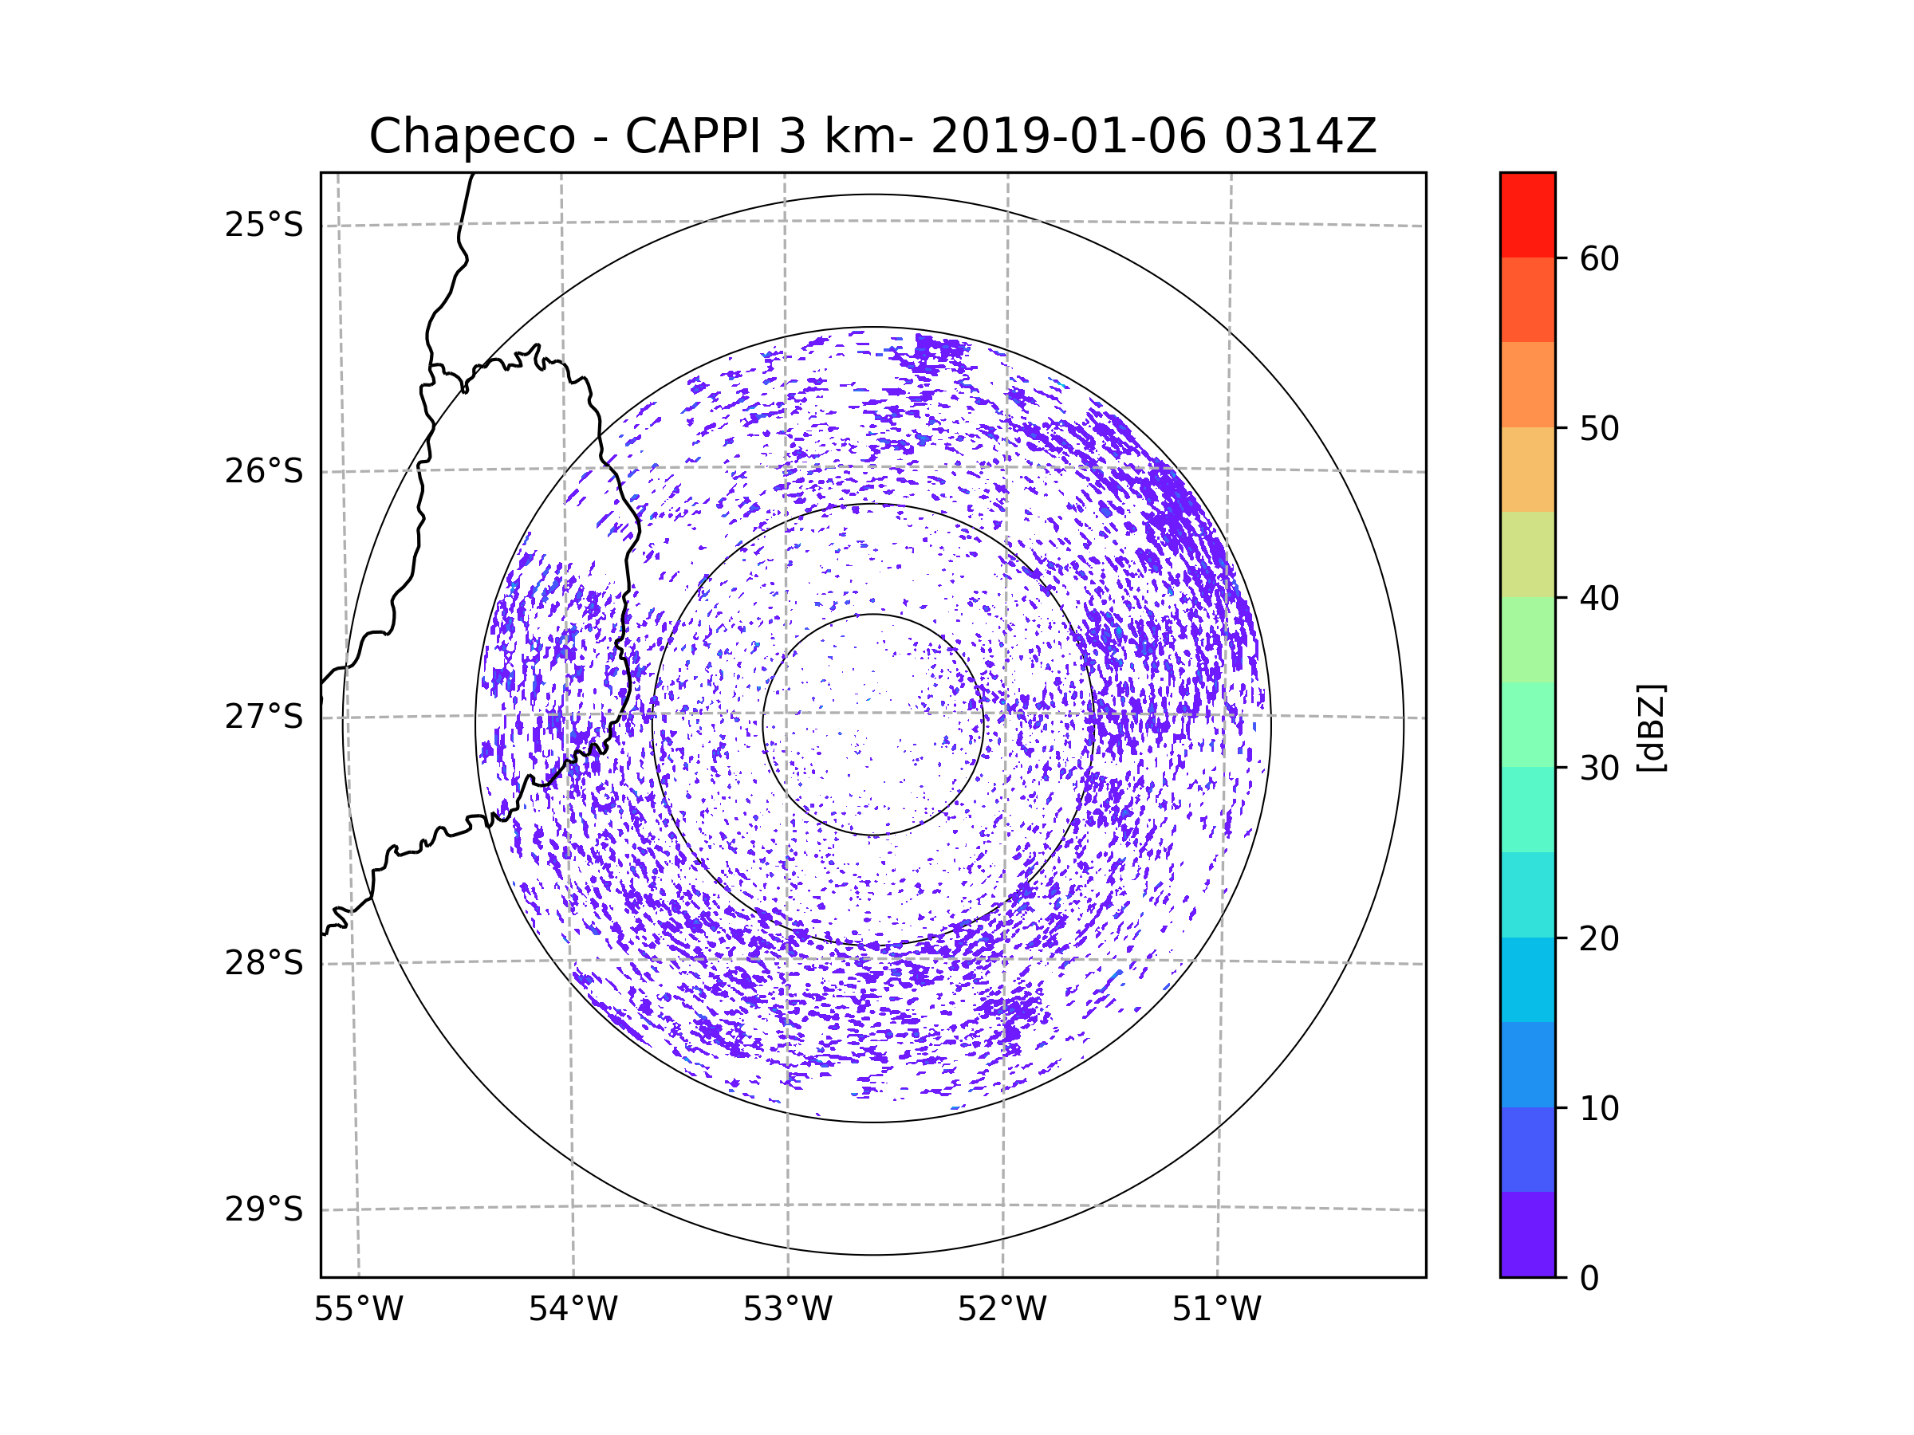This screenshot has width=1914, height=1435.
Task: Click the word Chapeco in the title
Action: tap(471, 136)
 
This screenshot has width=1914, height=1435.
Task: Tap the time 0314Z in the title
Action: tap(1301, 136)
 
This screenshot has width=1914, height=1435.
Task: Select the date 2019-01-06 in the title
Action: tap(1069, 136)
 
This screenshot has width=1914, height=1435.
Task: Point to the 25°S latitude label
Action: tap(264, 225)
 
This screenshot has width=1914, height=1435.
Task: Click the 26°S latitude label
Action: tap(264, 471)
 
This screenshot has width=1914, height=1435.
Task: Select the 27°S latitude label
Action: tap(264, 717)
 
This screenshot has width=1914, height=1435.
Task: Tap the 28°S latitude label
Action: tap(264, 963)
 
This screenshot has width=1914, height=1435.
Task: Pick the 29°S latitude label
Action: tap(264, 1209)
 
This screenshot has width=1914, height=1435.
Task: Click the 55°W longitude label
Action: tap(358, 1310)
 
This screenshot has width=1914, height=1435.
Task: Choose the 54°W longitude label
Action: tap(573, 1310)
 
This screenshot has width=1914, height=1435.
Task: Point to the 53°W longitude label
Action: tap(787, 1310)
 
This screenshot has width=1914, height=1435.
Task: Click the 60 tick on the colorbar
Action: tap(1599, 258)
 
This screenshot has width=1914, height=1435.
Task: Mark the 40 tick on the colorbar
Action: tap(1599, 599)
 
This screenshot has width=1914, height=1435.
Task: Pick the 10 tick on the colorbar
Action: tap(1599, 1109)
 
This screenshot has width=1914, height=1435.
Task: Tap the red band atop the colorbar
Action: tap(1527, 215)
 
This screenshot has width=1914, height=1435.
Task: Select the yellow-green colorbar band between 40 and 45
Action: tap(1527, 554)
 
